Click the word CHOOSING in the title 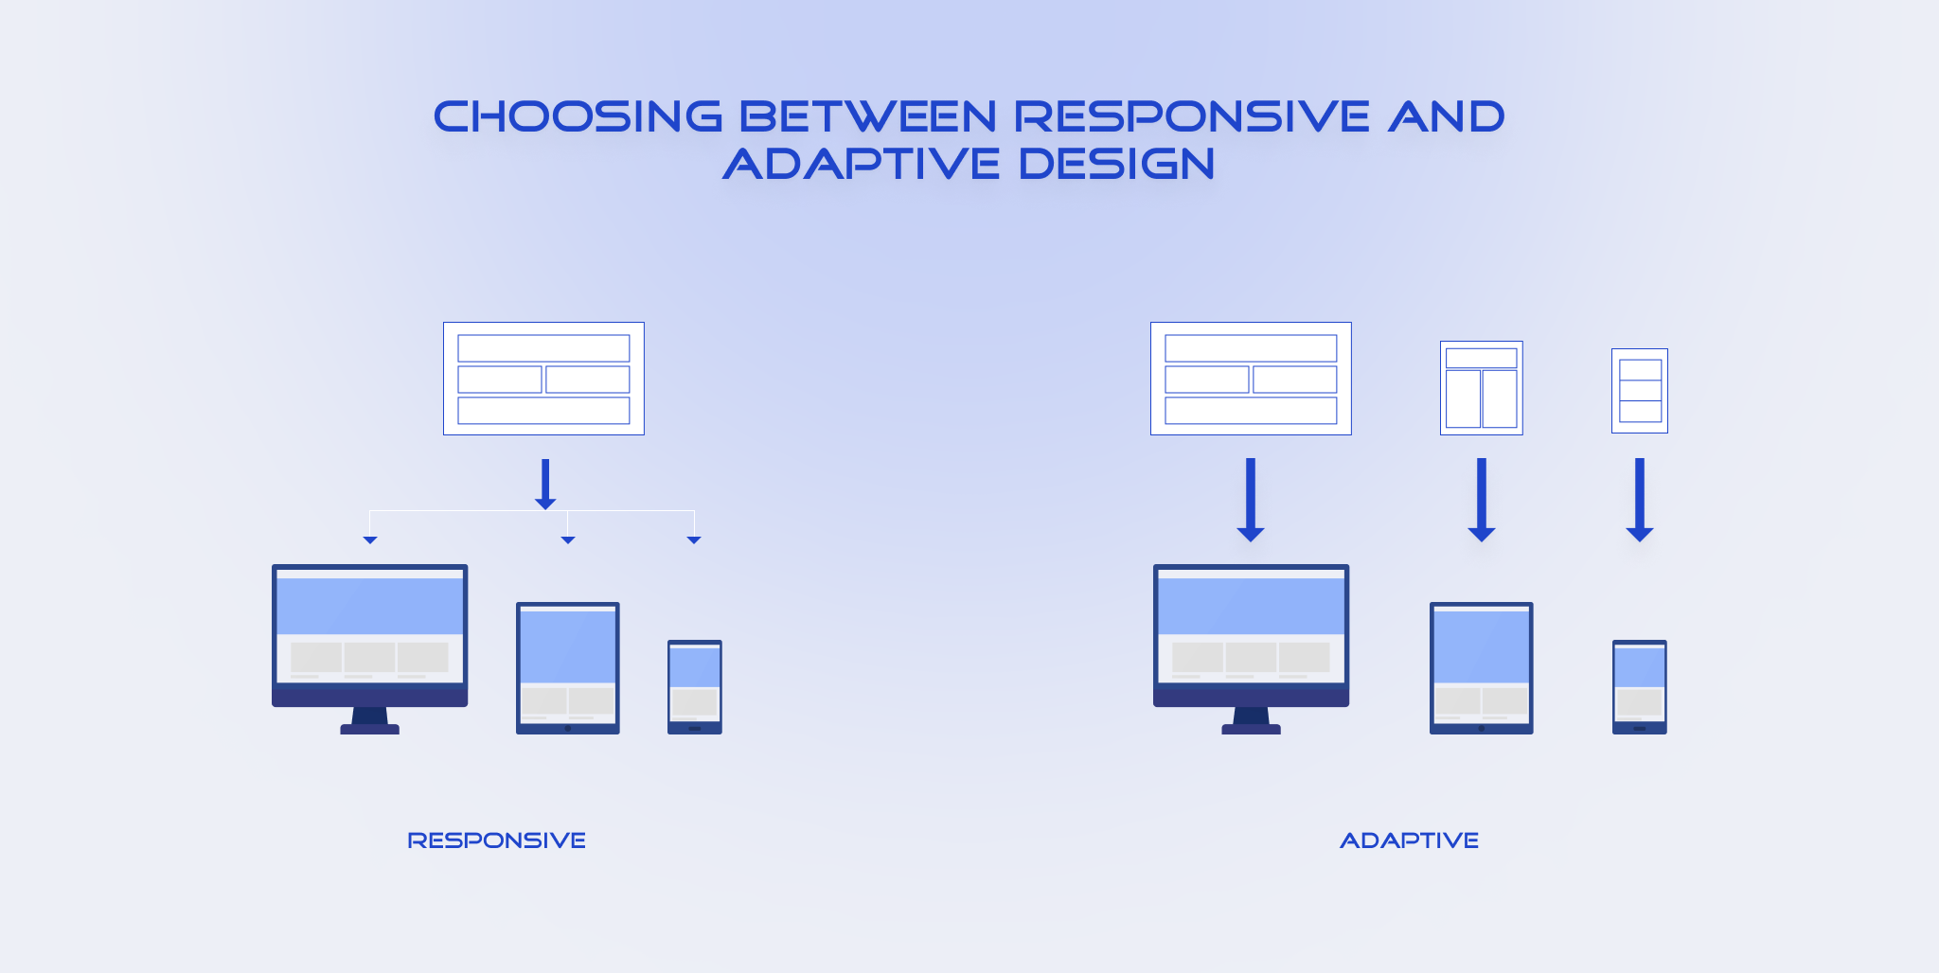click(x=578, y=117)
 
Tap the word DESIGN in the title click(x=1116, y=164)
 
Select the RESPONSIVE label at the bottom click(x=496, y=840)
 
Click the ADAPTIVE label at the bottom click(x=1409, y=840)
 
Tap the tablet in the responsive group click(x=567, y=667)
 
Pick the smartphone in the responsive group click(x=694, y=686)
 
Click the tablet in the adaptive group click(x=1481, y=667)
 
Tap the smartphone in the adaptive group click(x=1639, y=686)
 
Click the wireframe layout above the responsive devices click(x=543, y=379)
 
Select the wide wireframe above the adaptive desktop click(x=1251, y=379)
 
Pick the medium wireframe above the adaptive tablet click(x=1481, y=388)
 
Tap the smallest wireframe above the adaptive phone click(x=1639, y=391)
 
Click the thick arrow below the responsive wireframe click(x=545, y=484)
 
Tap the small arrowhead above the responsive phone click(x=694, y=540)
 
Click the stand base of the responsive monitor click(x=369, y=729)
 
